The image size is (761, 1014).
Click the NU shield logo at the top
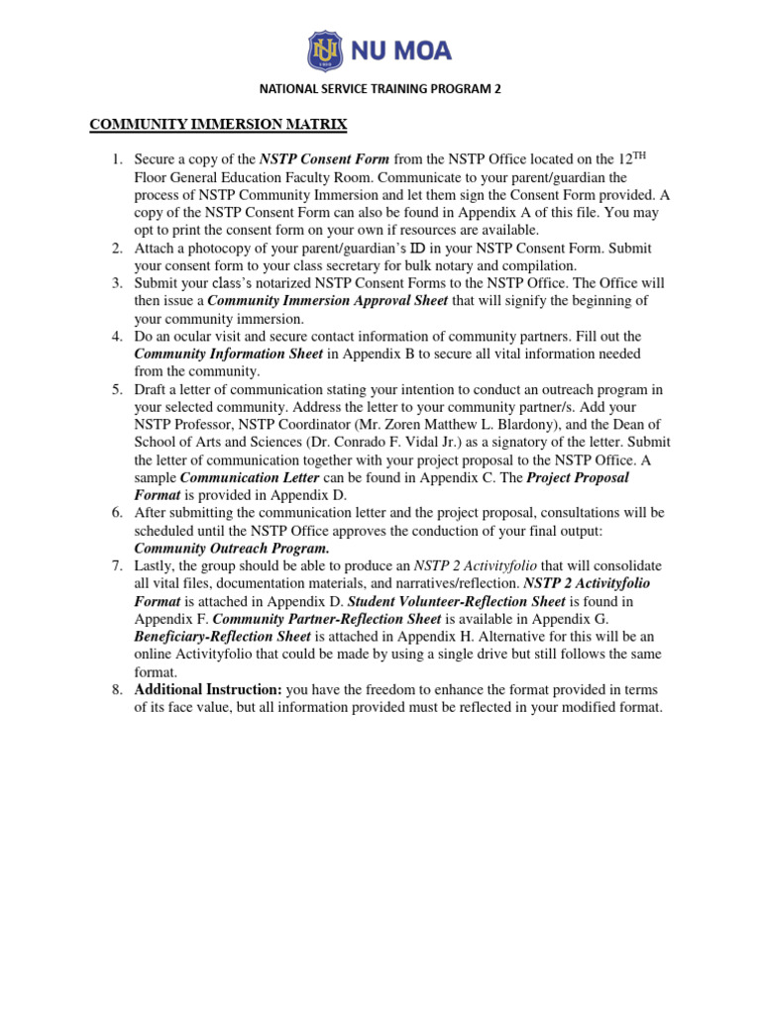[325, 50]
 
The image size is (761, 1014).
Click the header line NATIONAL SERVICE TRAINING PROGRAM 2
[380, 88]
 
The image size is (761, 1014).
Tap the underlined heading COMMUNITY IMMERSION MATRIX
[218, 125]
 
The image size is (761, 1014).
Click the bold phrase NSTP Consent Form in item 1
[324, 159]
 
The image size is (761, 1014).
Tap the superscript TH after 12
[640, 156]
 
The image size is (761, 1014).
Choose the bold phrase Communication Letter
[250, 477]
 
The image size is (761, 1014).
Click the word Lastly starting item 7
[157, 565]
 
